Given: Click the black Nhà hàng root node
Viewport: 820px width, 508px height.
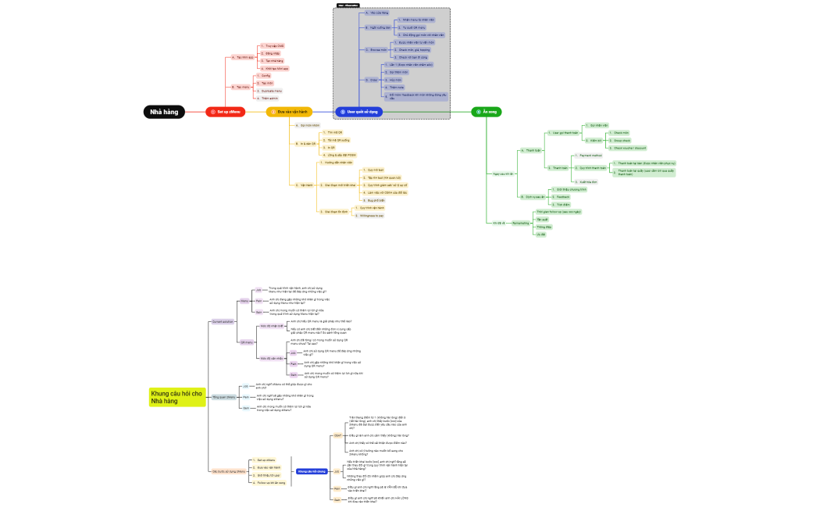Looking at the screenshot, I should tap(165, 112).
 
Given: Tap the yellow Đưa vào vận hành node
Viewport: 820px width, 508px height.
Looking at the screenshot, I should tap(289, 112).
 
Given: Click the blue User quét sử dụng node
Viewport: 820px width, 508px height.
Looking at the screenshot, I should tap(359, 112).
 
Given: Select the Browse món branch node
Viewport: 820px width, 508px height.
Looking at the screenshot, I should tap(378, 49).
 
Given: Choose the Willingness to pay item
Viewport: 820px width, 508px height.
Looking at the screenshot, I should tap(370, 215).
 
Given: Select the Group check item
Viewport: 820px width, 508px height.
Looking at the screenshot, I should tap(622, 141).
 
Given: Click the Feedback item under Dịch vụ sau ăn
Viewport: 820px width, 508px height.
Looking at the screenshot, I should tap(563, 196).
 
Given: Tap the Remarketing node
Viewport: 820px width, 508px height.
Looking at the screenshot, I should tap(521, 223).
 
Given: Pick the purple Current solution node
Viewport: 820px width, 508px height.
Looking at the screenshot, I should tap(223, 321).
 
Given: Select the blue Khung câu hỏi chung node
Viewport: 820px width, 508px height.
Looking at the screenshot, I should tap(312, 471).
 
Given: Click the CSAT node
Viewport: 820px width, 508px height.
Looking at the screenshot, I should tap(337, 435).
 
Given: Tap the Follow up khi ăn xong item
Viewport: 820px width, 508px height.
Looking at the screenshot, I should tap(270, 483).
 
